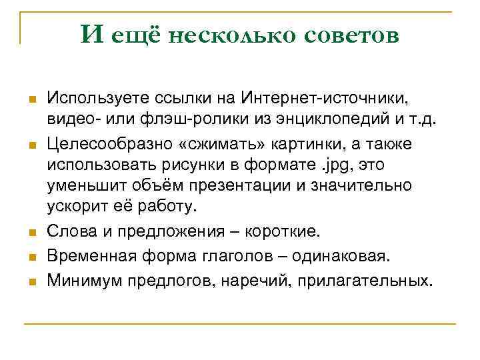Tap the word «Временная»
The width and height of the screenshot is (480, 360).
pyautogui.click(x=88, y=257)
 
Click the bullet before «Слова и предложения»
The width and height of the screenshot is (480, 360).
pyautogui.click(x=31, y=233)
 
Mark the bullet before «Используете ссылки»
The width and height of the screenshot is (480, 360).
pyautogui.click(x=31, y=101)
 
